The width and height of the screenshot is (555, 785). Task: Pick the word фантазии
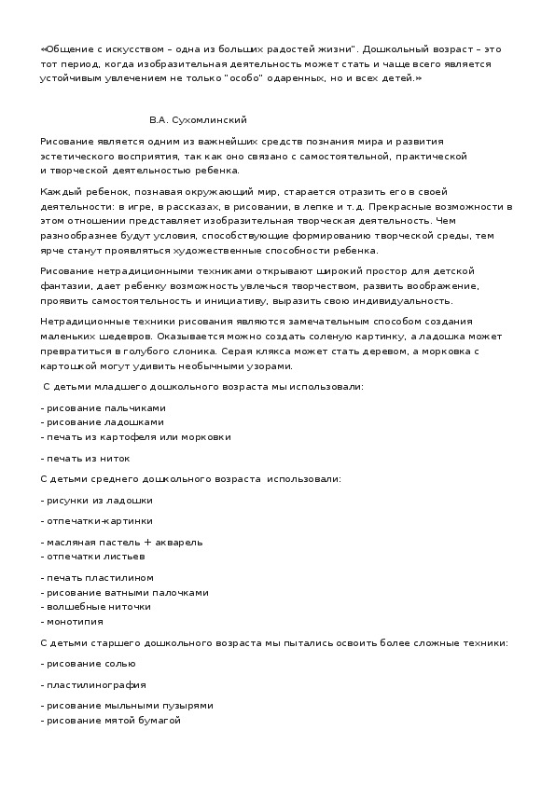click(65, 286)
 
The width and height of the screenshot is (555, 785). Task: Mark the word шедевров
click(126, 336)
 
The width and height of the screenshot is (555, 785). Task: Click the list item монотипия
click(75, 621)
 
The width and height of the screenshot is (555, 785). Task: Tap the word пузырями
click(190, 706)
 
